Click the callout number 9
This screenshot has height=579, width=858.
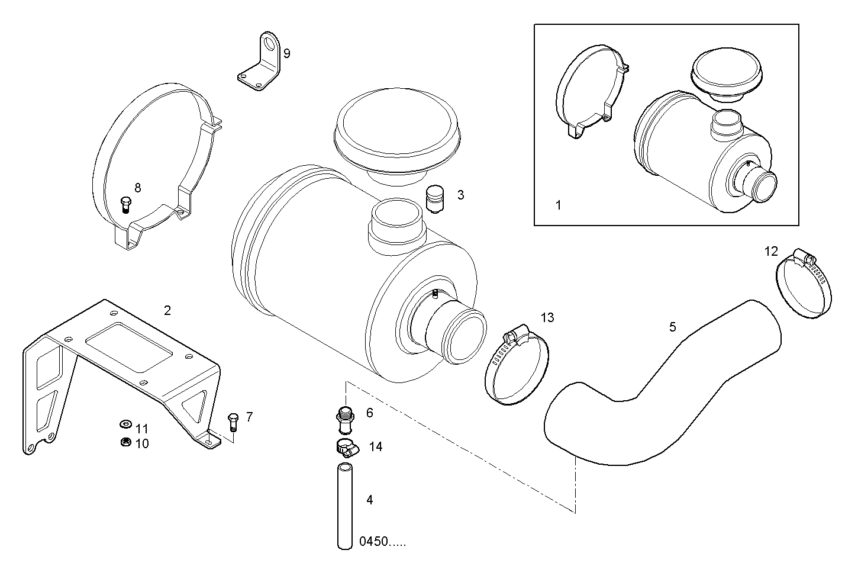[286, 54]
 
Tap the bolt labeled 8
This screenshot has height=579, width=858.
[125, 204]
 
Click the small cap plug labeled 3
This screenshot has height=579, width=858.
[435, 200]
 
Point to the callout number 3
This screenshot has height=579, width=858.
[460, 195]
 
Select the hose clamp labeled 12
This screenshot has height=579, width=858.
[803, 283]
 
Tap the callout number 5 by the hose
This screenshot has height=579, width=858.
[672, 327]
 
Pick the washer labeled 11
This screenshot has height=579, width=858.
[125, 424]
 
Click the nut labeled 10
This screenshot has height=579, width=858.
[125, 442]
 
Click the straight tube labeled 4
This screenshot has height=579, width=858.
[345, 506]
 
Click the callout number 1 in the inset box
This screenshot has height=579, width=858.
[558, 205]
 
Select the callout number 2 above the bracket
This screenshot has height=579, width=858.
[167, 310]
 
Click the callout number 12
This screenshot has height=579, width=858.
[771, 251]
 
